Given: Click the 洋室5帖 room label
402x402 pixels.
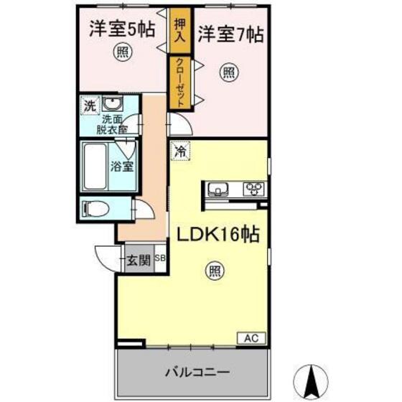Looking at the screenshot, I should click(x=123, y=31).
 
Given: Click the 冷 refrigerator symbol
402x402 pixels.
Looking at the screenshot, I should click(x=179, y=152).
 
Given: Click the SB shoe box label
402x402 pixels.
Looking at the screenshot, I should click(x=159, y=256).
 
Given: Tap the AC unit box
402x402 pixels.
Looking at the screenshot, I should click(x=251, y=337).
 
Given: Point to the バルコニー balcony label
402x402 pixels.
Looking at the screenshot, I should click(x=196, y=372).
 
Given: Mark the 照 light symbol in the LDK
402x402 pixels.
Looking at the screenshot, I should click(x=214, y=270).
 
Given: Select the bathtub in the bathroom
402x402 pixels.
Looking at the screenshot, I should click(x=95, y=167).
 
